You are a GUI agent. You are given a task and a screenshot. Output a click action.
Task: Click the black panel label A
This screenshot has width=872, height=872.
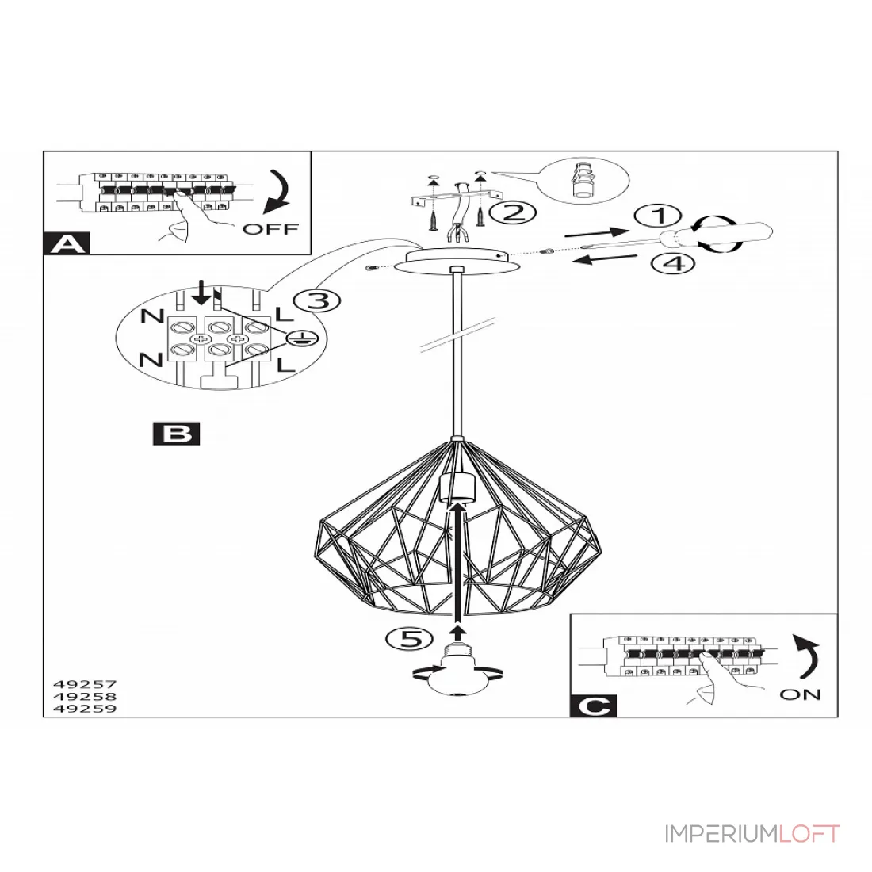[x=66, y=243]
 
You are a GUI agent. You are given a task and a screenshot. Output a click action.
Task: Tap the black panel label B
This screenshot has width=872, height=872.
[x=176, y=434]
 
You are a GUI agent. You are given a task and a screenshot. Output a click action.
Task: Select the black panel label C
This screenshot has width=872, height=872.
[x=593, y=706]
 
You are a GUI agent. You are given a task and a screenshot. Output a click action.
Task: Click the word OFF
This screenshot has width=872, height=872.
[x=271, y=228]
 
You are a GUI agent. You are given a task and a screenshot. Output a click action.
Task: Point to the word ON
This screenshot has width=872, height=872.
[x=801, y=694]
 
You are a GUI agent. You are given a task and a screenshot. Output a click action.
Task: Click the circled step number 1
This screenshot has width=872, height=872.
[x=658, y=216]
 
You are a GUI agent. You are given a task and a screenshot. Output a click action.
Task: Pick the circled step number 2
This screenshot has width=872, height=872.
[x=513, y=212]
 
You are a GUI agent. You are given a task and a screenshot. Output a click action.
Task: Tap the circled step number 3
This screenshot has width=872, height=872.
[x=316, y=301]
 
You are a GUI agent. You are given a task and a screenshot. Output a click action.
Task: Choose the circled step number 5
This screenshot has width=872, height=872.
[x=409, y=639]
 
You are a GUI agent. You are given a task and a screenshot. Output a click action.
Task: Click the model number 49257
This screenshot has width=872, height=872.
[x=85, y=684]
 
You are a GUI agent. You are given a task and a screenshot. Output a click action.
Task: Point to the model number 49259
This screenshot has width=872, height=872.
[x=85, y=709]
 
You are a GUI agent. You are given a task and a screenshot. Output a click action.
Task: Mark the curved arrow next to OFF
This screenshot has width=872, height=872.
[x=278, y=193]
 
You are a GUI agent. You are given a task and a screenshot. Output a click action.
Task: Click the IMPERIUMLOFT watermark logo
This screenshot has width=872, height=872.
[x=752, y=834]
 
